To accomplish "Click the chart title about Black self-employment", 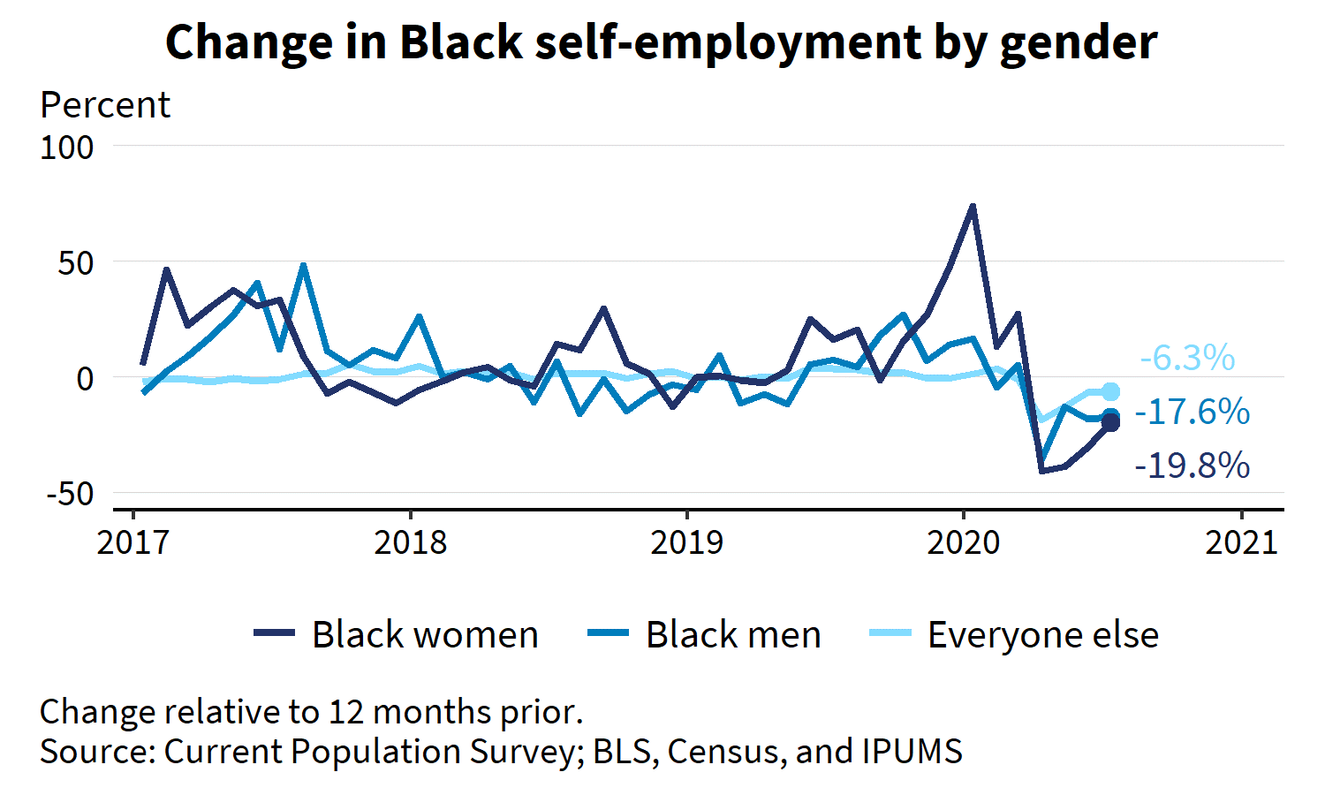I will coord(661,42).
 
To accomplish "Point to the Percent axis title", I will coord(105,105).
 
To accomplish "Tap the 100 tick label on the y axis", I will coord(67,148).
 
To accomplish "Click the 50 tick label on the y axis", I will coord(76,263).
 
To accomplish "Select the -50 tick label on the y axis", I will coord(71,494).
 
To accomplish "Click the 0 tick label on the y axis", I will coord(85,379).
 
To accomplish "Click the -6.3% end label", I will coord(1187,359).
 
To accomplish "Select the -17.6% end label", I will coord(1192,412).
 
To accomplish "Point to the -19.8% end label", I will coord(1192,466).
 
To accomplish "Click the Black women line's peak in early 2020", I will coord(973,206).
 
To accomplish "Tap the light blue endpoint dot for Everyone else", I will coord(1111,391).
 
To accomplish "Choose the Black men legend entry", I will coord(704,634).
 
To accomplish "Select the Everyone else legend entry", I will coord(1014,634).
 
